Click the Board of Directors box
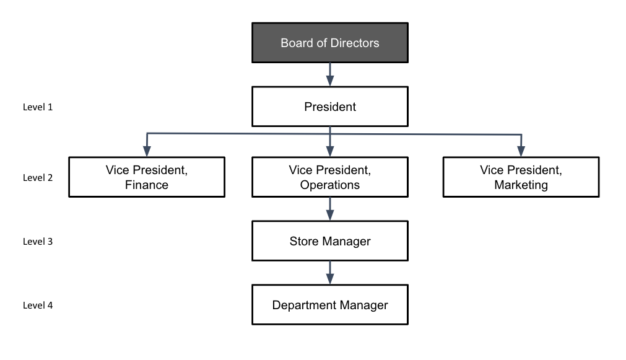329,43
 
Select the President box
329,107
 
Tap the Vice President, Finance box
146,177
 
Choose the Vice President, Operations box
329,177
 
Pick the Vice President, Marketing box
521,177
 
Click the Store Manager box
329,241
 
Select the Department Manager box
329,305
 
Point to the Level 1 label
38,107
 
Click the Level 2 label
38,177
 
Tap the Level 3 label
38,241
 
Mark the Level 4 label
38,305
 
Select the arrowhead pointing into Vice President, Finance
147,151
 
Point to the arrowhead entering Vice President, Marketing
521,151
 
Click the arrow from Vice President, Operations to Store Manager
330,209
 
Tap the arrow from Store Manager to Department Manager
330,273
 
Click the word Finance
146,185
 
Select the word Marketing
521,185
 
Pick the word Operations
329,185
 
